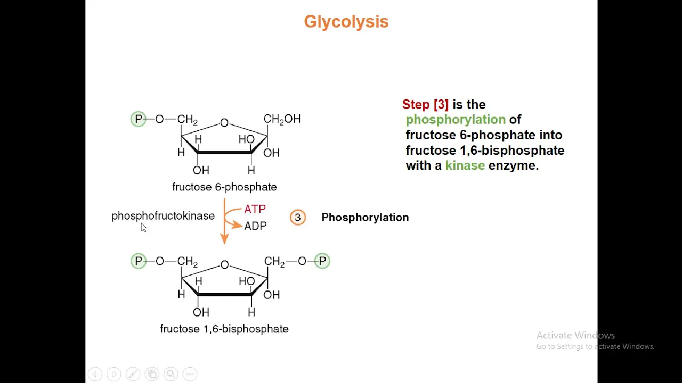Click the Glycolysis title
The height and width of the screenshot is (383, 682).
coord(346,22)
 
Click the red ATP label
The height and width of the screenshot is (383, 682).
coord(255,209)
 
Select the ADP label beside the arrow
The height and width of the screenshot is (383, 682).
coord(255,226)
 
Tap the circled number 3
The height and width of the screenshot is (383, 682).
coord(298,218)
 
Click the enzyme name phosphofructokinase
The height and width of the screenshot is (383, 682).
coord(163,216)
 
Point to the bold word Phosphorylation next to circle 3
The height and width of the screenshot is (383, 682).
coord(365,218)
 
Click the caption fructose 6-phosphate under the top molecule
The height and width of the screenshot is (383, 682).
coord(224,187)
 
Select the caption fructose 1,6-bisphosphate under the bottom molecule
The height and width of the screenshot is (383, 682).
coord(224,329)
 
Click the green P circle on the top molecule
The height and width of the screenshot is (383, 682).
coord(138,119)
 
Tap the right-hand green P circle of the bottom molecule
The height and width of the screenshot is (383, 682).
coord(322,261)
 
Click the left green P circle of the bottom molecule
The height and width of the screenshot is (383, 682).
coord(139,261)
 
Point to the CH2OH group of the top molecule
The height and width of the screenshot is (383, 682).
coord(282,119)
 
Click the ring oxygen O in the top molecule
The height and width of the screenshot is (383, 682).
coord(224,123)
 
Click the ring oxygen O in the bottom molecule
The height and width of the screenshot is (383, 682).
coord(225,265)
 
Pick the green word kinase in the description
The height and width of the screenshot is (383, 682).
coord(465,165)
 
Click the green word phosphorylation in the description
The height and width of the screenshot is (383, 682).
coord(456,120)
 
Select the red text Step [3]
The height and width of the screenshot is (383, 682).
coord(425,105)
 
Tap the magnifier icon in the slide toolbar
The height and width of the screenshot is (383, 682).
coord(171,373)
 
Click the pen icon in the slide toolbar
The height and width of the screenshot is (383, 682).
coord(133,373)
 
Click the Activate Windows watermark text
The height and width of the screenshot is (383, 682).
coord(576,335)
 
